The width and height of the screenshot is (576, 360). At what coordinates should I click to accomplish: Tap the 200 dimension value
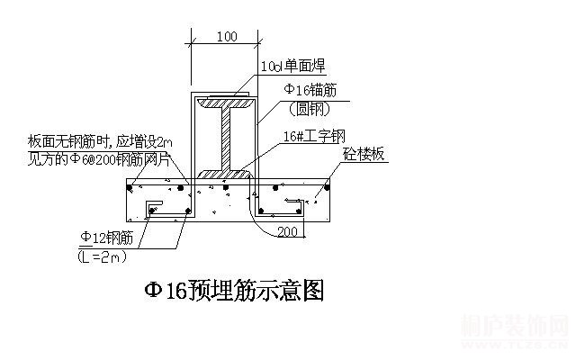pos(287,231)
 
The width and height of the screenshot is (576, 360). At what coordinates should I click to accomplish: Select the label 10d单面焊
pos(292,66)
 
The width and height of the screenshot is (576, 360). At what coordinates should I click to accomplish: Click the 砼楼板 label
pos(364,155)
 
